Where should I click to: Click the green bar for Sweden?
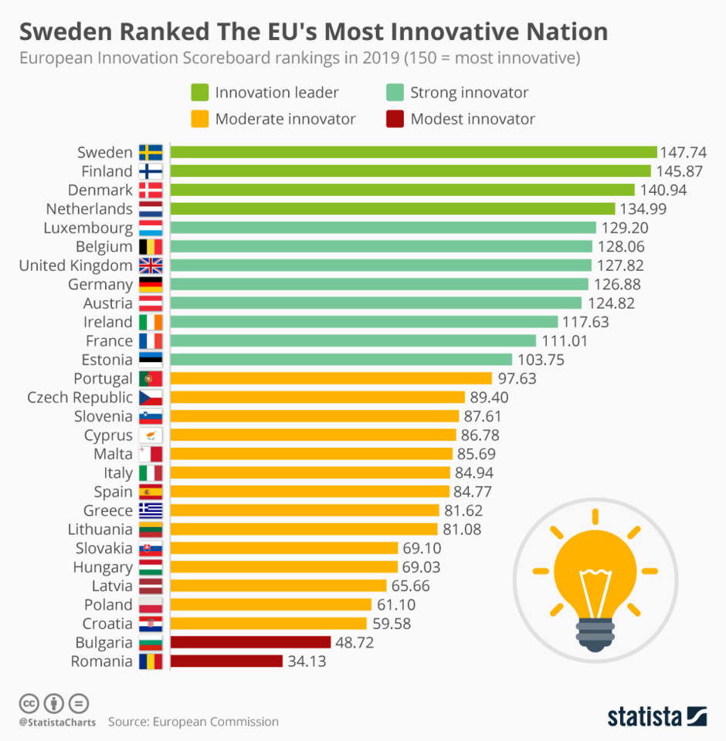pos(413,152)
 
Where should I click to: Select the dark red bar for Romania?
pos(226,661)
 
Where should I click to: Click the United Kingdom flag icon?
pos(150,266)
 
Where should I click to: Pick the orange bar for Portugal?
pos(331,378)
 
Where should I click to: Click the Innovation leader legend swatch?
pos(200,93)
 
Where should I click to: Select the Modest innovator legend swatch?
pos(395,119)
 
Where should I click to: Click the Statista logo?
pos(656,715)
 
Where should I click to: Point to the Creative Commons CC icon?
pos(29,703)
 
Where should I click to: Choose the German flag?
pos(150,284)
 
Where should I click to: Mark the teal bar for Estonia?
pos(341,360)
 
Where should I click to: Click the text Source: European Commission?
pos(193,722)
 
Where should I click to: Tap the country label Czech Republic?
pos(80,398)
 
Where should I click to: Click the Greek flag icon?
pos(150,510)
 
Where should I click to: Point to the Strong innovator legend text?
pos(469,93)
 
